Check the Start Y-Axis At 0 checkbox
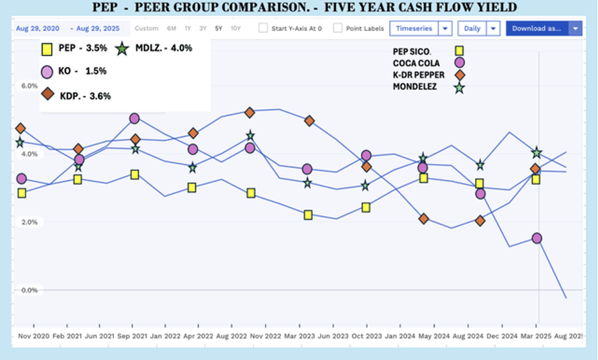point(263,28)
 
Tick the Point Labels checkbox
point(338,28)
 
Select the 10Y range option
point(235,28)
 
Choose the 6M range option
point(171,28)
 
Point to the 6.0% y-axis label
point(29,86)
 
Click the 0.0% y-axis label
point(29,290)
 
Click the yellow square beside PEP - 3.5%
point(48,49)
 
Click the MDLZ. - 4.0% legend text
point(163,48)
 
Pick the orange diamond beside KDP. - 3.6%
point(48,95)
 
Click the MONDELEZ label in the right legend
point(415,87)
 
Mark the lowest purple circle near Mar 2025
point(537,238)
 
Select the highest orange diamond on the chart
point(249,112)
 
